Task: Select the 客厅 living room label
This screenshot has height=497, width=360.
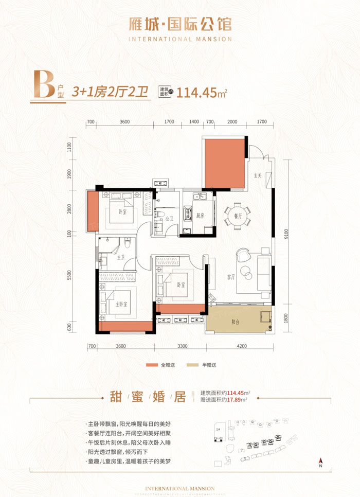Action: click(231, 276)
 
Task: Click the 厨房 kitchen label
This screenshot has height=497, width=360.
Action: click(199, 216)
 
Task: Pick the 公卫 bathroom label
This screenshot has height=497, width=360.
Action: click(168, 218)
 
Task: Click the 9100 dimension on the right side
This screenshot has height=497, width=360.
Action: click(285, 235)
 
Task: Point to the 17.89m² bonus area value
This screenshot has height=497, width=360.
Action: click(240, 398)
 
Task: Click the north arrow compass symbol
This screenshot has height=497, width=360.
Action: click(320, 461)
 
